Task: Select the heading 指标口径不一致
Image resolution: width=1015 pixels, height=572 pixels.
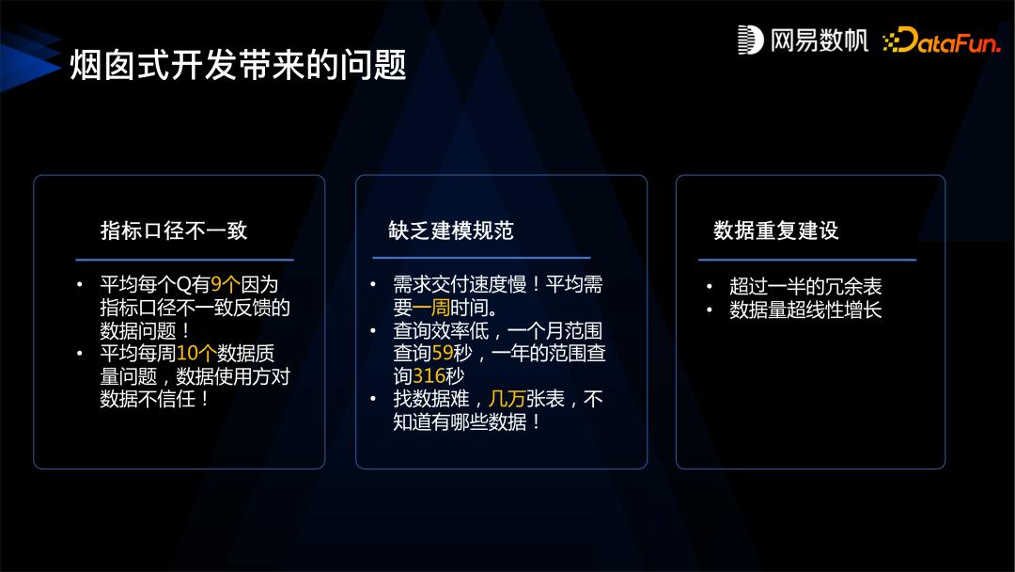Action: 174,230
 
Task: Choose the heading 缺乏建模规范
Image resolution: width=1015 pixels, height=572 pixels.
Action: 451,230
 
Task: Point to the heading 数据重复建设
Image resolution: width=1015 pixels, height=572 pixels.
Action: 776,230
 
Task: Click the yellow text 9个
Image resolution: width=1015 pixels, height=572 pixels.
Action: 226,284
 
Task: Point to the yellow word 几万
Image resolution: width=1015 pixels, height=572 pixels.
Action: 507,399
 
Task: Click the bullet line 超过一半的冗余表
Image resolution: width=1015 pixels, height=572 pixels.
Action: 805,287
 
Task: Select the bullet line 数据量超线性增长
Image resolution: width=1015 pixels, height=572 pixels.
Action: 805,310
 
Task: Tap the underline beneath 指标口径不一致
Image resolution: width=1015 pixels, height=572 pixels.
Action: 184,260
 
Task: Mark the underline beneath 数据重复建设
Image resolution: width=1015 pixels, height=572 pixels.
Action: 806,260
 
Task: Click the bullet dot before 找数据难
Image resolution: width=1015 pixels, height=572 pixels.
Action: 373,399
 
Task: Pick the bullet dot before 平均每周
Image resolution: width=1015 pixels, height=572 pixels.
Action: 81,354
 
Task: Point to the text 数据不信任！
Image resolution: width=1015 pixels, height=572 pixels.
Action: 154,399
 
